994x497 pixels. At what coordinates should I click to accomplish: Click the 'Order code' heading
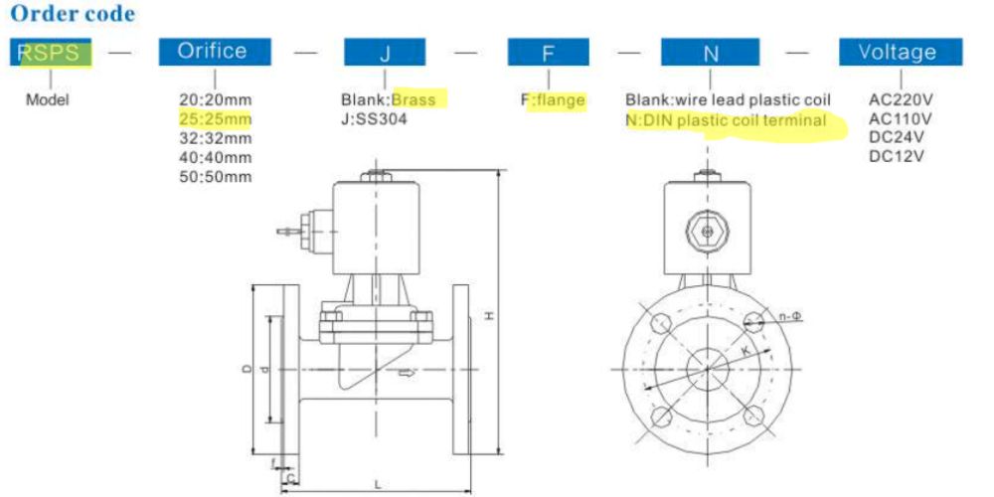coord(73,13)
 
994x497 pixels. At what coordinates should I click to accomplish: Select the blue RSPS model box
coord(51,52)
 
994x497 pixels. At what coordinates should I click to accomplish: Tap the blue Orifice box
coord(215,52)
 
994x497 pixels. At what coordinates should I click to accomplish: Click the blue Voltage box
coord(901,52)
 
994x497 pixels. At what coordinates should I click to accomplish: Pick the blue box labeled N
coord(710,52)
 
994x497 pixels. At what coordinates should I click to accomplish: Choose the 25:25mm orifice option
coord(216,119)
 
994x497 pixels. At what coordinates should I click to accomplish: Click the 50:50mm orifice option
coord(216,177)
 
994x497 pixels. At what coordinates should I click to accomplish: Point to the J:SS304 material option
coord(374,118)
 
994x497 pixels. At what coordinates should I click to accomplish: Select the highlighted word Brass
coord(414,99)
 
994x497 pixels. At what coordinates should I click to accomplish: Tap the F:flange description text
coord(553,99)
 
